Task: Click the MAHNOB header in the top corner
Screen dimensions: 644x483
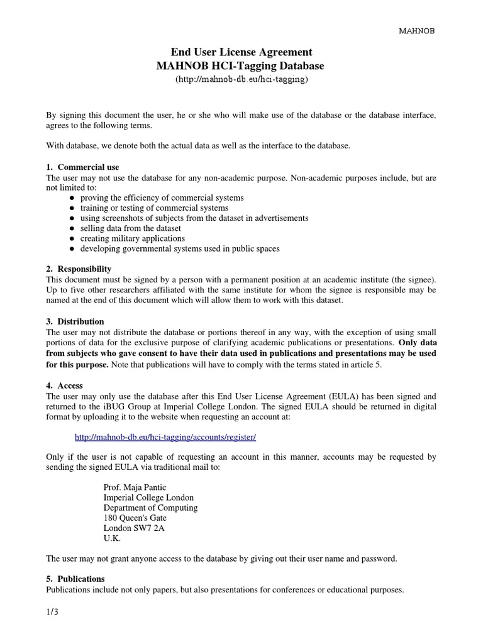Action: point(418,30)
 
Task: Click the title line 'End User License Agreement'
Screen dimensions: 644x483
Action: point(241,52)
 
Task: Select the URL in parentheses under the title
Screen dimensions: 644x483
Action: point(241,79)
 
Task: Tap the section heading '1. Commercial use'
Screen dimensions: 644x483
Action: point(82,167)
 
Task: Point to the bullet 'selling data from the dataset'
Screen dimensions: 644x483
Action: point(130,228)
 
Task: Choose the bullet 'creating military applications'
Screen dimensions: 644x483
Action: point(132,238)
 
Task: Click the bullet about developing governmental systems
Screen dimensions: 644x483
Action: point(180,248)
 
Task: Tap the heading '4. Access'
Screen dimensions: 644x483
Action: point(65,385)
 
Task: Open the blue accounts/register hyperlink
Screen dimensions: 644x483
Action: point(165,436)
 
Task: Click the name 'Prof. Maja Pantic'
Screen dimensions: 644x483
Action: point(135,487)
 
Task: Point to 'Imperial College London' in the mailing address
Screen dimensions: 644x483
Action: point(148,497)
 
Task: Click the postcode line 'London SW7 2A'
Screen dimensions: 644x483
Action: point(134,528)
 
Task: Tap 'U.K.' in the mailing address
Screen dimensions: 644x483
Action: point(112,538)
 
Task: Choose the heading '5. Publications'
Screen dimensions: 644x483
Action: point(75,579)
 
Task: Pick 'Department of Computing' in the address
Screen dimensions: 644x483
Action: point(150,508)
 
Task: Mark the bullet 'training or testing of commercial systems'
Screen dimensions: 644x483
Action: point(154,208)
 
